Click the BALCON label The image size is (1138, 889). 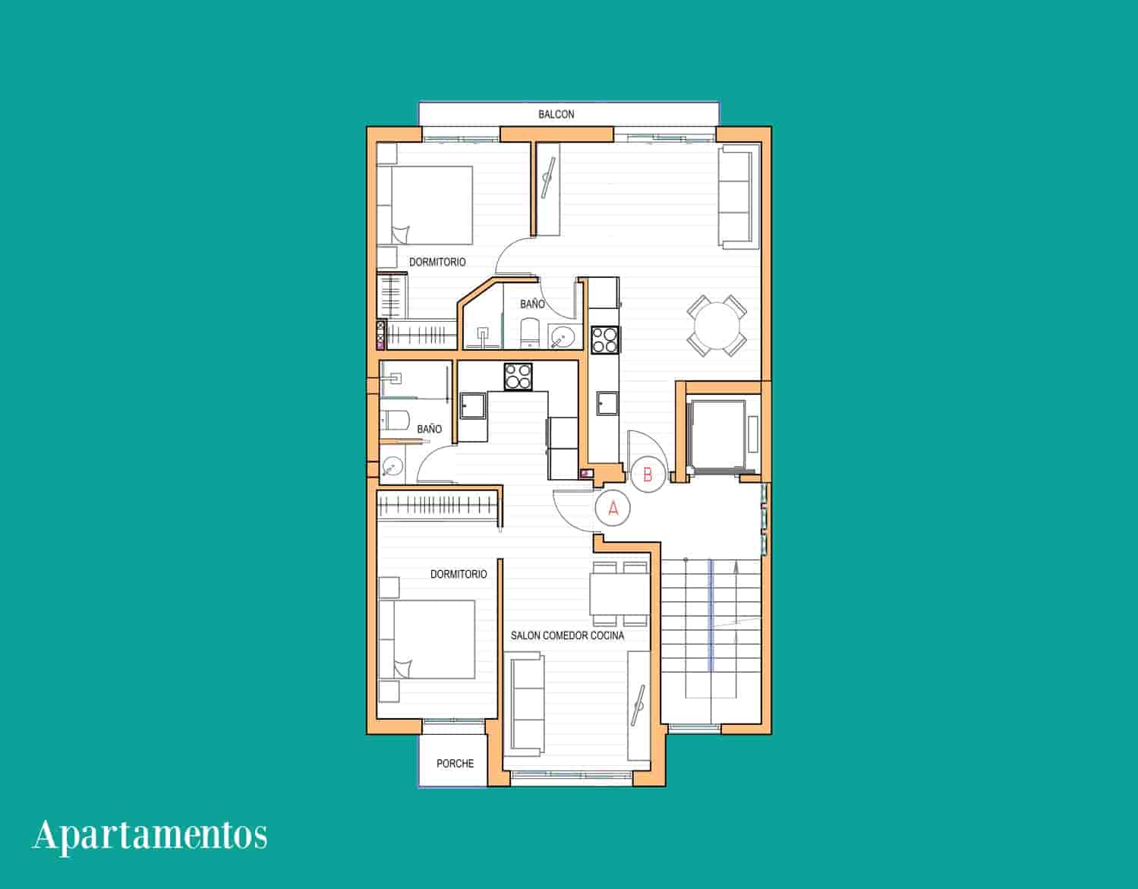[x=556, y=115]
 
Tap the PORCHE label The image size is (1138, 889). [x=455, y=763]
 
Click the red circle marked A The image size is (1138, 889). [x=613, y=509]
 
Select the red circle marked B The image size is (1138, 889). [x=648, y=474]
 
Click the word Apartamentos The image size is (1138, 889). [x=150, y=835]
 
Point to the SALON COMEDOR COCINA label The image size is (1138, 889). [x=567, y=635]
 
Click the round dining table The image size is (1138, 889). [x=717, y=326]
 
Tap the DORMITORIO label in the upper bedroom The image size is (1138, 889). [x=437, y=262]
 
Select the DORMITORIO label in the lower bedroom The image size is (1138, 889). [x=459, y=574]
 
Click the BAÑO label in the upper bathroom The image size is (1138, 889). [x=532, y=304]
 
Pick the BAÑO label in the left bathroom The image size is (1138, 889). [x=429, y=429]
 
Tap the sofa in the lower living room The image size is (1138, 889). [x=528, y=705]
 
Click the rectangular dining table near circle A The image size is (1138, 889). [x=619, y=594]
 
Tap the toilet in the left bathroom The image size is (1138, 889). [x=395, y=419]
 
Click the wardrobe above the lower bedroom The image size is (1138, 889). [x=439, y=506]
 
